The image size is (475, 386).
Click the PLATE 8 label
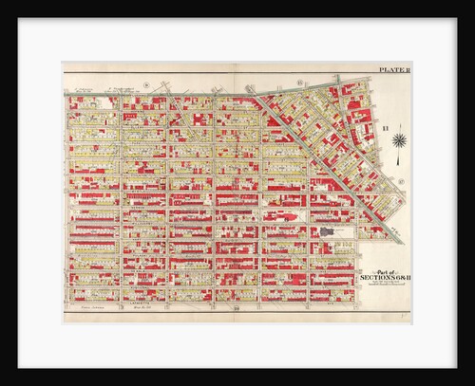pos(391,68)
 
